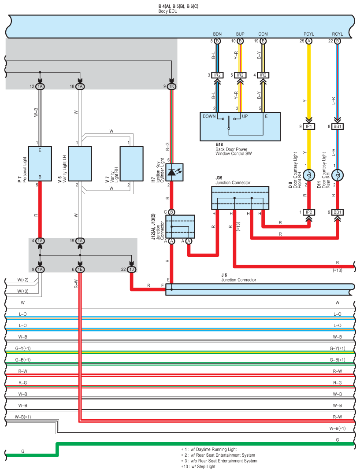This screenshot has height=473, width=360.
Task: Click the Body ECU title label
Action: pos(168,11)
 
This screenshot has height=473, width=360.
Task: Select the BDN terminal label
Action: pos(217,34)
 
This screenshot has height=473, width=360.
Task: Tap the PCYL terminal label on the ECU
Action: pos(309,34)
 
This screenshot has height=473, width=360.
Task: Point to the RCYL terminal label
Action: pos(338,34)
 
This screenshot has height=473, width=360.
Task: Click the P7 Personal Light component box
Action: pos(40,164)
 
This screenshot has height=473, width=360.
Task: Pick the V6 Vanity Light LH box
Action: pos(80,164)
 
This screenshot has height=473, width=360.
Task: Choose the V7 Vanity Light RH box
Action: pos(132,164)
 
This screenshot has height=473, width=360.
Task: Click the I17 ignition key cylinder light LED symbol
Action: pos(174,172)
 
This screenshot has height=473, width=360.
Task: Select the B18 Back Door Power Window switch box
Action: pos(240,127)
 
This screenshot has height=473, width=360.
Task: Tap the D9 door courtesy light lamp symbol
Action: pos(309,175)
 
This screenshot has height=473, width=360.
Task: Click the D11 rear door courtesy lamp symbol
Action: pos(338,175)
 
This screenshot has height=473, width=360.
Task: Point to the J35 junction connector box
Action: pos(240,198)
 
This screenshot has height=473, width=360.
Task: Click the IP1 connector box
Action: pos(309,126)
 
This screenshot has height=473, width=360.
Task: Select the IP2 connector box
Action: pos(309,212)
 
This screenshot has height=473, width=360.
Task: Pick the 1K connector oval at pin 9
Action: pos(172,87)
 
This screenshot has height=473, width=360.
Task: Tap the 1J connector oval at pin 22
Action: pos(132,270)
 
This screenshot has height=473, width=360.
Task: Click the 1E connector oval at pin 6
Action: pos(80,270)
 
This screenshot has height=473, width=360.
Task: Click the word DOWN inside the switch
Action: pos(209,116)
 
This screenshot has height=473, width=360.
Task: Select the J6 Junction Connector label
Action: pos(239,277)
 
